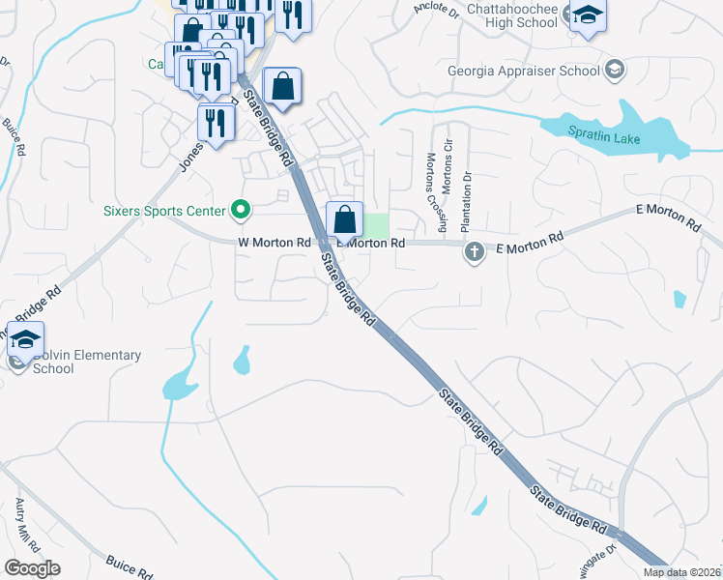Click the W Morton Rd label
coord(274,243)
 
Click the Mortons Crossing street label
coord(436,193)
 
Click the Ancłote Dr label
coord(436,8)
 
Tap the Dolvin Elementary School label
coord(87,362)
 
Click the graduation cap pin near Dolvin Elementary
coord(25,338)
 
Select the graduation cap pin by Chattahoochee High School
coord(586,16)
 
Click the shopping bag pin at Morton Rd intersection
coord(344,219)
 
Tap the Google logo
coord(32,568)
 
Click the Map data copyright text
coord(681,572)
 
